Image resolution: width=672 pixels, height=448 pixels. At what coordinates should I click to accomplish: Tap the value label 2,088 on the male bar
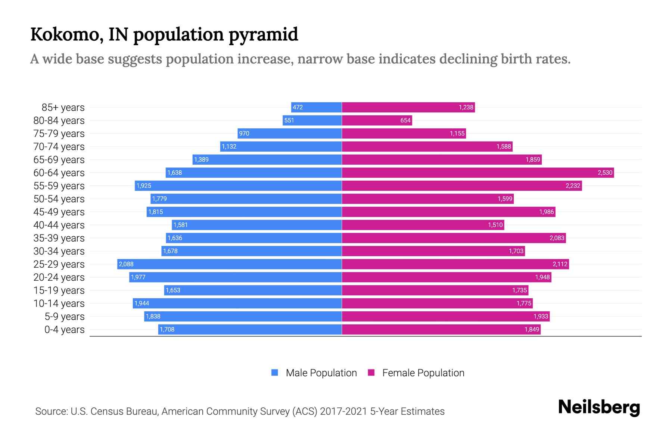[x=126, y=264]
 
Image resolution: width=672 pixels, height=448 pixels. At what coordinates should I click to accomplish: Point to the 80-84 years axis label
[x=59, y=121]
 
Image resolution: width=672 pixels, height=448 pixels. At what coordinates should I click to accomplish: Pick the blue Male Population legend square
[x=275, y=373]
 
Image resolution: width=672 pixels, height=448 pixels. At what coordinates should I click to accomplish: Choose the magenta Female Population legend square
[x=371, y=373]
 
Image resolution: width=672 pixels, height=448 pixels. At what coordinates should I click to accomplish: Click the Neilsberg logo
[x=599, y=407]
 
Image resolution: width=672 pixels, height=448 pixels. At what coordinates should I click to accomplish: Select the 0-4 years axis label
[x=64, y=330]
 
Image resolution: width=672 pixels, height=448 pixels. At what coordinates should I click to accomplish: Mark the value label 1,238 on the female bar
[x=466, y=107]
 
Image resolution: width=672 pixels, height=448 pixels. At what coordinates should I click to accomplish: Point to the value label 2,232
[x=573, y=186]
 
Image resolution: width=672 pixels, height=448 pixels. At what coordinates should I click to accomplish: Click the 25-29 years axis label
[x=59, y=264]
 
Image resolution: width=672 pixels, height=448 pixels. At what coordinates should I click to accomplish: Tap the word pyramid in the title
[x=263, y=34]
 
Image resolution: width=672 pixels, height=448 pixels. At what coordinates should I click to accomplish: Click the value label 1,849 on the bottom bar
[x=532, y=329]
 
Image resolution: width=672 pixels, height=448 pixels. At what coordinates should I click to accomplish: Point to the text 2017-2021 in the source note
[x=343, y=411]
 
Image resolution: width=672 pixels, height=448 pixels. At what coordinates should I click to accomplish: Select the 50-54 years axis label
[x=59, y=199]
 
